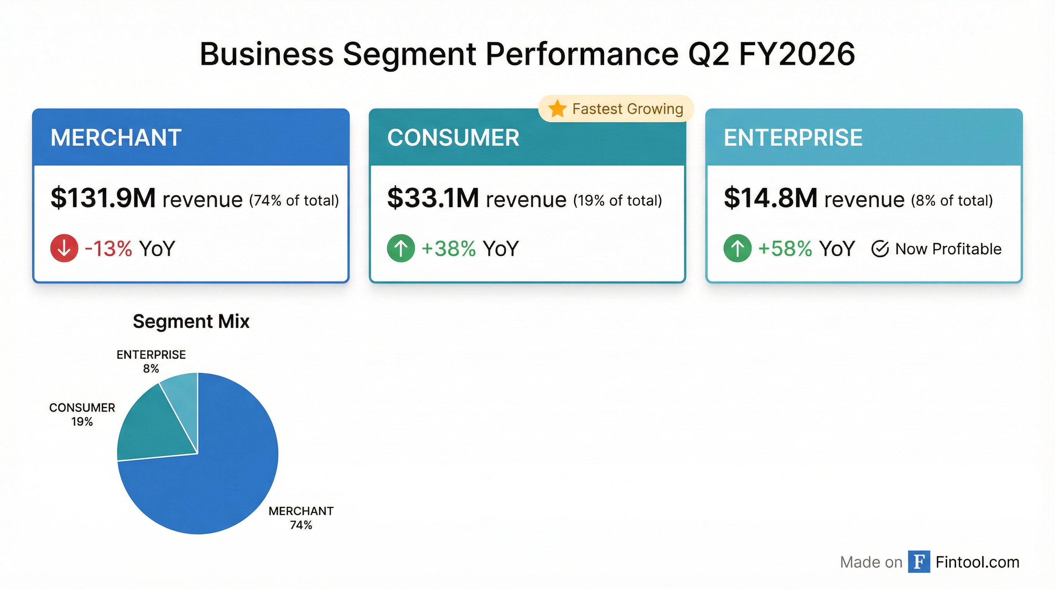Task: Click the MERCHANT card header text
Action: click(x=116, y=138)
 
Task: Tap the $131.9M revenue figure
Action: click(x=103, y=198)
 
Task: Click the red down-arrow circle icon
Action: click(x=64, y=248)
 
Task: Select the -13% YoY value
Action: click(x=108, y=248)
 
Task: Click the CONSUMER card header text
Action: click(x=453, y=138)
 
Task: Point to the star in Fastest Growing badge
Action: click(x=557, y=109)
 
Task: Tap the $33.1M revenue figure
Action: click(x=433, y=198)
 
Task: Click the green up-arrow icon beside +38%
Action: click(x=401, y=248)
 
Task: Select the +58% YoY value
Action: click(x=785, y=248)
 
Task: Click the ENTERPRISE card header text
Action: click(x=793, y=138)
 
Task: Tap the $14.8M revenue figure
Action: click(x=771, y=198)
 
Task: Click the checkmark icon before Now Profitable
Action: click(x=880, y=249)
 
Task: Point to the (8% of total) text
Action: click(x=952, y=201)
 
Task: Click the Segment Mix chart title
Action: click(x=191, y=321)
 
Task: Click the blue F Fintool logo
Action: click(x=919, y=561)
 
